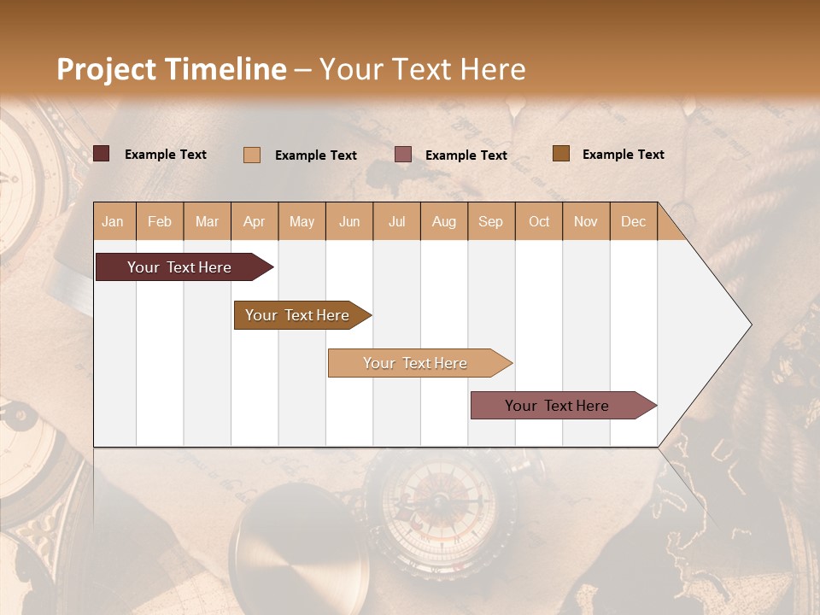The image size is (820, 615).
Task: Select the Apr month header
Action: pyautogui.click(x=255, y=222)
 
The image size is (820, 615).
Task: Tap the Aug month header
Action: pyautogui.click(x=444, y=222)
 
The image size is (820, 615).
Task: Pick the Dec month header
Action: pyautogui.click(x=633, y=222)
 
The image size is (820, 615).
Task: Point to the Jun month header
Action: pyautogui.click(x=349, y=222)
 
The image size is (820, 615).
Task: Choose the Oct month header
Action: pyautogui.click(x=539, y=222)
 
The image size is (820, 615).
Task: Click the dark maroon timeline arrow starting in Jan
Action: pyautogui.click(x=180, y=267)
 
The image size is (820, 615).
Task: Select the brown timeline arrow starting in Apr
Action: pyautogui.click(x=298, y=315)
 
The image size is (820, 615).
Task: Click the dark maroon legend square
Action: pyautogui.click(x=102, y=154)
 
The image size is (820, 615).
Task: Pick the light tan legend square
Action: pyautogui.click(x=252, y=155)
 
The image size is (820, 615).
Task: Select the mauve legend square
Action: pyautogui.click(x=403, y=155)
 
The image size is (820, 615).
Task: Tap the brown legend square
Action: pyautogui.click(x=561, y=154)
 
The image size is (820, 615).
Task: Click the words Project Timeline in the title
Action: pyautogui.click(x=172, y=69)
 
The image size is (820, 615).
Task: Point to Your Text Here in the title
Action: pyautogui.click(x=422, y=69)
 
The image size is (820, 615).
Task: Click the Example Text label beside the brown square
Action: pyautogui.click(x=624, y=155)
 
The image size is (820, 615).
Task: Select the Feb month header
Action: pyautogui.click(x=160, y=222)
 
